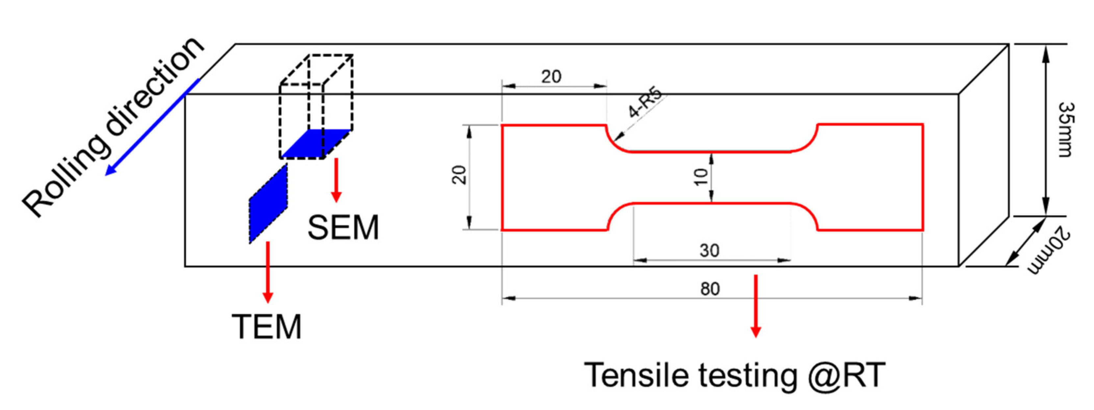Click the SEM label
[343, 228]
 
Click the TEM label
[267, 327]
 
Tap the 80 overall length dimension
[710, 289]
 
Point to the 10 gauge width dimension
[701, 177]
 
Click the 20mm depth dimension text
[1049, 250]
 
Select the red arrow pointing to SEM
[336, 180]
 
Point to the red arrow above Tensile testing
[756, 306]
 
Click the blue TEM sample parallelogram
[268, 204]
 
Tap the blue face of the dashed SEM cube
[316, 144]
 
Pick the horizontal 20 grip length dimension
[551, 77]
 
